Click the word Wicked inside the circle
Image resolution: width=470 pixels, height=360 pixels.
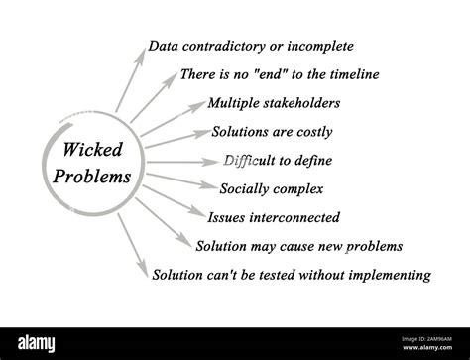[x=87, y=151]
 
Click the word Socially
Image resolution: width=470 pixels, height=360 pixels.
[x=240, y=187]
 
